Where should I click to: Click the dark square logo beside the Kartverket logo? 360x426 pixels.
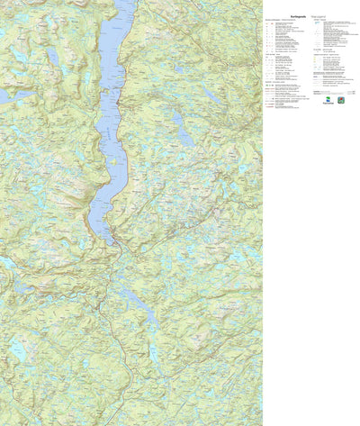(341, 100)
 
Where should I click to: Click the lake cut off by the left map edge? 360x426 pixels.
(4, 95)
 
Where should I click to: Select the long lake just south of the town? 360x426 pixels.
(132, 303)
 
